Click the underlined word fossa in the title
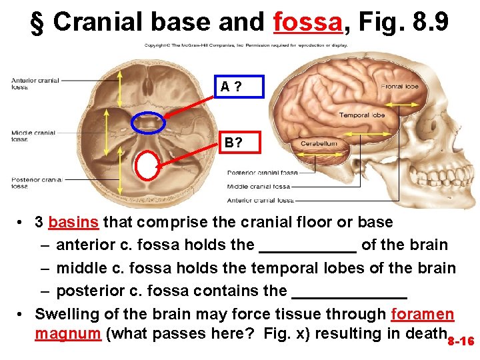tap(307, 22)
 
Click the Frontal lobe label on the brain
tap(399, 87)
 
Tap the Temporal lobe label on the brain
tap(361, 115)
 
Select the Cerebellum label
tap(319, 143)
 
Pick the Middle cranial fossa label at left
tap(33, 136)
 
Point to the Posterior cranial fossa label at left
tap(35, 183)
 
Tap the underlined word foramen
tap(423, 314)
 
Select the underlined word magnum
tap(67, 333)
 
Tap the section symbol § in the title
tap(39, 22)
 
